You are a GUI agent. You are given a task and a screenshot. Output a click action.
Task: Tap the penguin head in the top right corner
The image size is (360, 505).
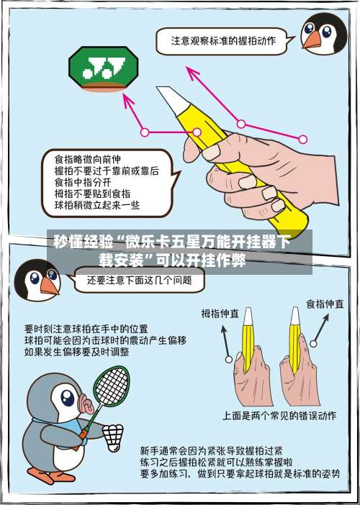(321, 33)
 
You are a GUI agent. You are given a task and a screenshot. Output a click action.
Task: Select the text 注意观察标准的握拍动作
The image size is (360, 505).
(222, 41)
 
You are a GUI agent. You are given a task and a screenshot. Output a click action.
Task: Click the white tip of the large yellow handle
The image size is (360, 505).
(170, 96)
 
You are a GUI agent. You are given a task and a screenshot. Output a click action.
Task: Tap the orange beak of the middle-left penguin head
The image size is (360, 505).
(49, 286)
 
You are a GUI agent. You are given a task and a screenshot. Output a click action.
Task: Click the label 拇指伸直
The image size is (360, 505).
(220, 314)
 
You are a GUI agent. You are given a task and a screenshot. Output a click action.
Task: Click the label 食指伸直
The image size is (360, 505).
(325, 304)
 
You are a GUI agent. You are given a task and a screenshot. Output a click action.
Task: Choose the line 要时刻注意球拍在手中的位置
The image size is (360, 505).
(86, 328)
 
